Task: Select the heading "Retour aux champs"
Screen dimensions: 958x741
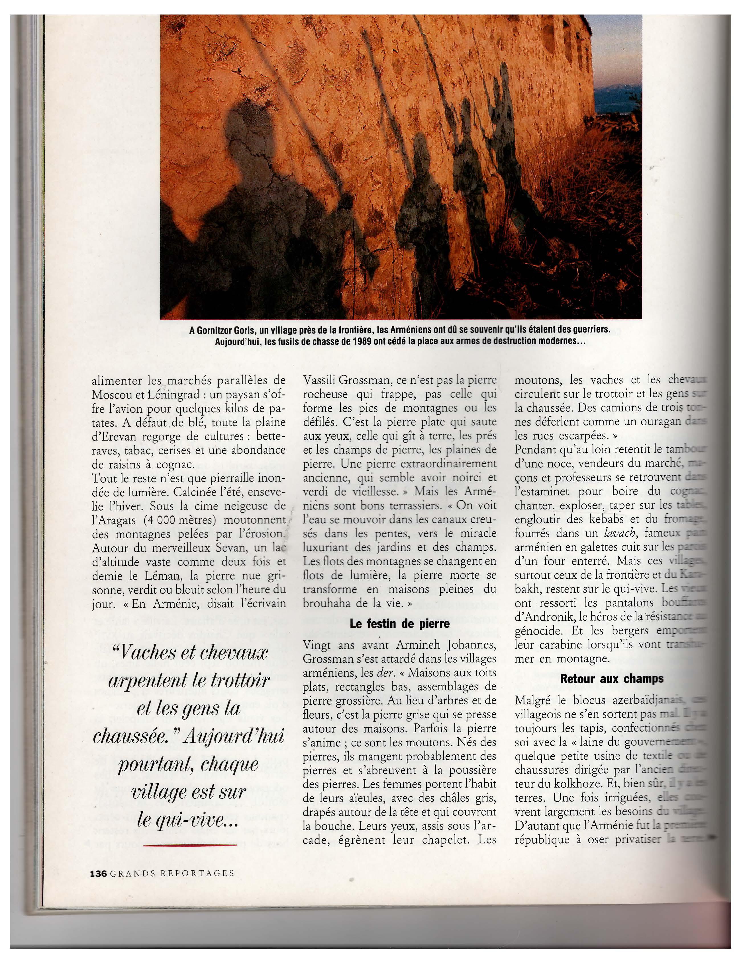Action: pyautogui.click(x=611, y=679)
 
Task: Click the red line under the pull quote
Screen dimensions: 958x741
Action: pyautogui.click(x=190, y=845)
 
